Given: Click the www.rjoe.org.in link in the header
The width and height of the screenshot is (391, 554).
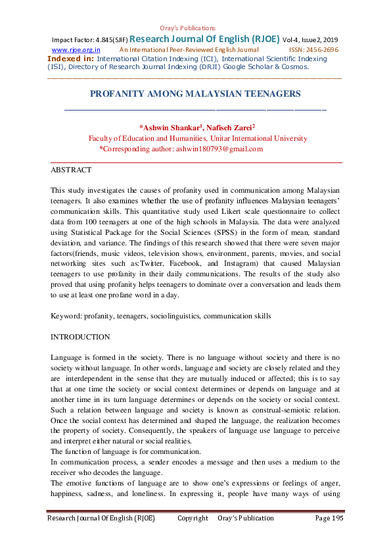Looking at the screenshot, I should tap(76, 49).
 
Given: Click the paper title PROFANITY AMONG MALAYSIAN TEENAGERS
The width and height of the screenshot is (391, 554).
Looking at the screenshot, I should tap(195, 94).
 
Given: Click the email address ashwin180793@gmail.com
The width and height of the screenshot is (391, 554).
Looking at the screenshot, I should tap(219, 149).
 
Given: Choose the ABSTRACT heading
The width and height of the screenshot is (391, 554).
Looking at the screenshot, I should tap(71, 170).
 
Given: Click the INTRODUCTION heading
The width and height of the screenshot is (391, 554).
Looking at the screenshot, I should tap(80, 337).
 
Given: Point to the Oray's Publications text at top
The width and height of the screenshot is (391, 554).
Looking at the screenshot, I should tap(188, 28).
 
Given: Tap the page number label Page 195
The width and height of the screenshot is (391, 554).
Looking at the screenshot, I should tap(329, 518).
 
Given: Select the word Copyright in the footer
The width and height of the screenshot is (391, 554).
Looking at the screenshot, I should tap(193, 518).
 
